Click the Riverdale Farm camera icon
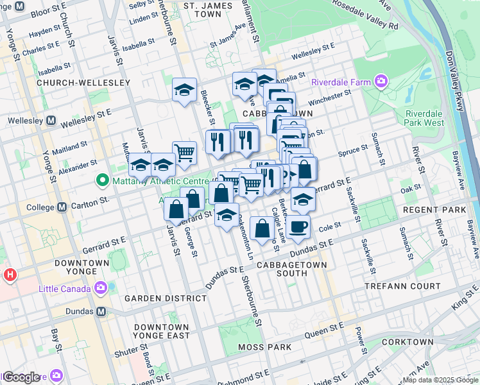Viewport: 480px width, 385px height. pos(382,81)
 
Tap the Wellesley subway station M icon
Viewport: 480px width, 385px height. pos(52,121)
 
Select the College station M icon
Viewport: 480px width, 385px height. pos(62,207)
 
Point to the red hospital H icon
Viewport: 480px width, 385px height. pos(10,275)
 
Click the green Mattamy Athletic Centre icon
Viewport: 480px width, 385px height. pos(101,182)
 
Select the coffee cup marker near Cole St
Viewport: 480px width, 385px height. pos(298,227)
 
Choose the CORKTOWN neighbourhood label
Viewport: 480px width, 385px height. pos(407,343)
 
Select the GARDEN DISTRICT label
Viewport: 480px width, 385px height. pos(166,298)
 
